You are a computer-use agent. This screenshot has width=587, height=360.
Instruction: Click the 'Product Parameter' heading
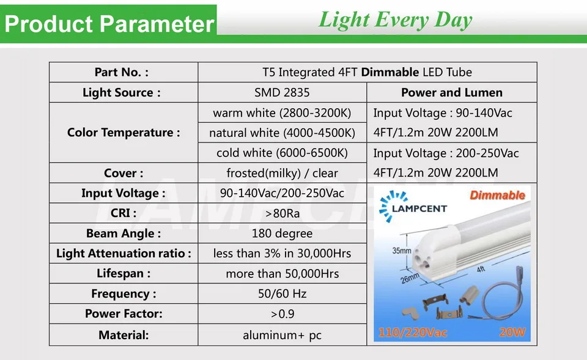pyautogui.click(x=109, y=24)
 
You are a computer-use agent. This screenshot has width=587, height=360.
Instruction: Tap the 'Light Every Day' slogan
pyautogui.click(x=395, y=20)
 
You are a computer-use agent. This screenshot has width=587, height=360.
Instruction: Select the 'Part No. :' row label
pyautogui.click(x=121, y=72)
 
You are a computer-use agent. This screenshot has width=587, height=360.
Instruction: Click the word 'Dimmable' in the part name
pyautogui.click(x=389, y=72)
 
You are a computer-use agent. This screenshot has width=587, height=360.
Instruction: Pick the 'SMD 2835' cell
pyautogui.click(x=282, y=92)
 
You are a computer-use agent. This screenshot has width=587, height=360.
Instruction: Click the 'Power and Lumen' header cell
pyautogui.click(x=451, y=92)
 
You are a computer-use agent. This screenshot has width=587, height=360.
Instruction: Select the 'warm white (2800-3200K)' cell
pyautogui.click(x=282, y=112)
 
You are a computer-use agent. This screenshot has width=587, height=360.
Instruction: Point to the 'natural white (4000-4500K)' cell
pyautogui.click(x=282, y=133)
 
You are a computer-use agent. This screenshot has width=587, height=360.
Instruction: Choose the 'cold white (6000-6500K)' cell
pyautogui.click(x=282, y=153)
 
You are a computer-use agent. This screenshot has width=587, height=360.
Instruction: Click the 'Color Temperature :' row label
pyautogui.click(x=124, y=133)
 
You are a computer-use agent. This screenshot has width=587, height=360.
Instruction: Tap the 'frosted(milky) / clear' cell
pyautogui.click(x=282, y=173)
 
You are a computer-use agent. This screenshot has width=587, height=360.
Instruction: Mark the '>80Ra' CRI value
pyautogui.click(x=282, y=213)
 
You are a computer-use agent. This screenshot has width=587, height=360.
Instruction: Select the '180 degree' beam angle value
pyautogui.click(x=282, y=233)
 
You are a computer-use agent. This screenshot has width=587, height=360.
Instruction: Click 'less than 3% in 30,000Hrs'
pyautogui.click(x=282, y=254)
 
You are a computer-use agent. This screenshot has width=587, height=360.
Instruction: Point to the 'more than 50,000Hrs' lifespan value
pyautogui.click(x=282, y=274)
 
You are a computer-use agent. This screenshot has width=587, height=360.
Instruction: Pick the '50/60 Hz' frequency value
pyautogui.click(x=282, y=294)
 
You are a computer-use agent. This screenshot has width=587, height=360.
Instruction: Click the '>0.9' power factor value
pyautogui.click(x=282, y=314)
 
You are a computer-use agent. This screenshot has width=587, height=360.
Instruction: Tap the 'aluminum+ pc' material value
pyautogui.click(x=282, y=335)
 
